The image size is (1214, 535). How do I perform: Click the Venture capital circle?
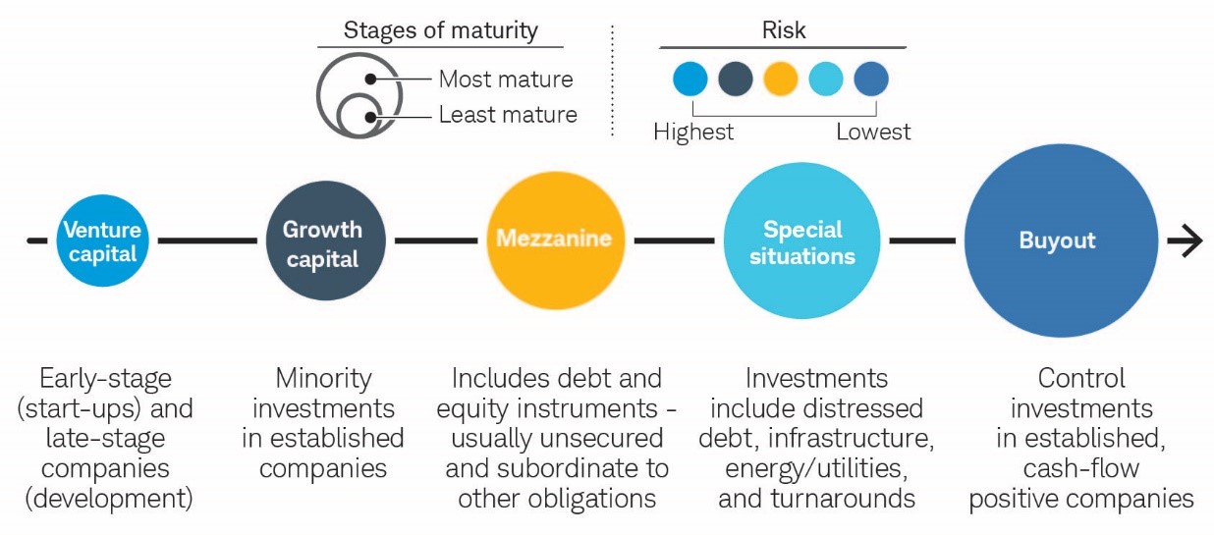(x=102, y=241)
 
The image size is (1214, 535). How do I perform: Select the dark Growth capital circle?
(x=326, y=241)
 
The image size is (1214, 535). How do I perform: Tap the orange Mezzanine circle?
(x=556, y=241)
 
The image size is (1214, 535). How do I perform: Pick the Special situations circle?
(x=801, y=241)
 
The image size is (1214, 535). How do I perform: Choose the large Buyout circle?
(x=1061, y=241)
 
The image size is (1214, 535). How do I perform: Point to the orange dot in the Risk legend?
(x=781, y=80)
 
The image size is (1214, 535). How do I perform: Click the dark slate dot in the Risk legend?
(x=736, y=80)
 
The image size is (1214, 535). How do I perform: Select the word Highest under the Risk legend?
(x=693, y=132)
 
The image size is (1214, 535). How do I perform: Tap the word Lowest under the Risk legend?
(x=873, y=132)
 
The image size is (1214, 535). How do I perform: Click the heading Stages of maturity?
(x=441, y=30)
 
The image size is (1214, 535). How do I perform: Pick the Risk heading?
(x=784, y=29)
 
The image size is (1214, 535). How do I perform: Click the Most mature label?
(x=506, y=80)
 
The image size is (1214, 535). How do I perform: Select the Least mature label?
(x=508, y=114)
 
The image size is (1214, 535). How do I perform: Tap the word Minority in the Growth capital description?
(x=323, y=378)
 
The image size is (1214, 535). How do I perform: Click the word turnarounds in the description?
(x=843, y=498)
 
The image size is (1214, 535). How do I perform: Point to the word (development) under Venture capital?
(x=109, y=499)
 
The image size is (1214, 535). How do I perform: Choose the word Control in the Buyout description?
(x=1081, y=378)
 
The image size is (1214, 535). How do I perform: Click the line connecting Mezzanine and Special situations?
(x=674, y=241)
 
